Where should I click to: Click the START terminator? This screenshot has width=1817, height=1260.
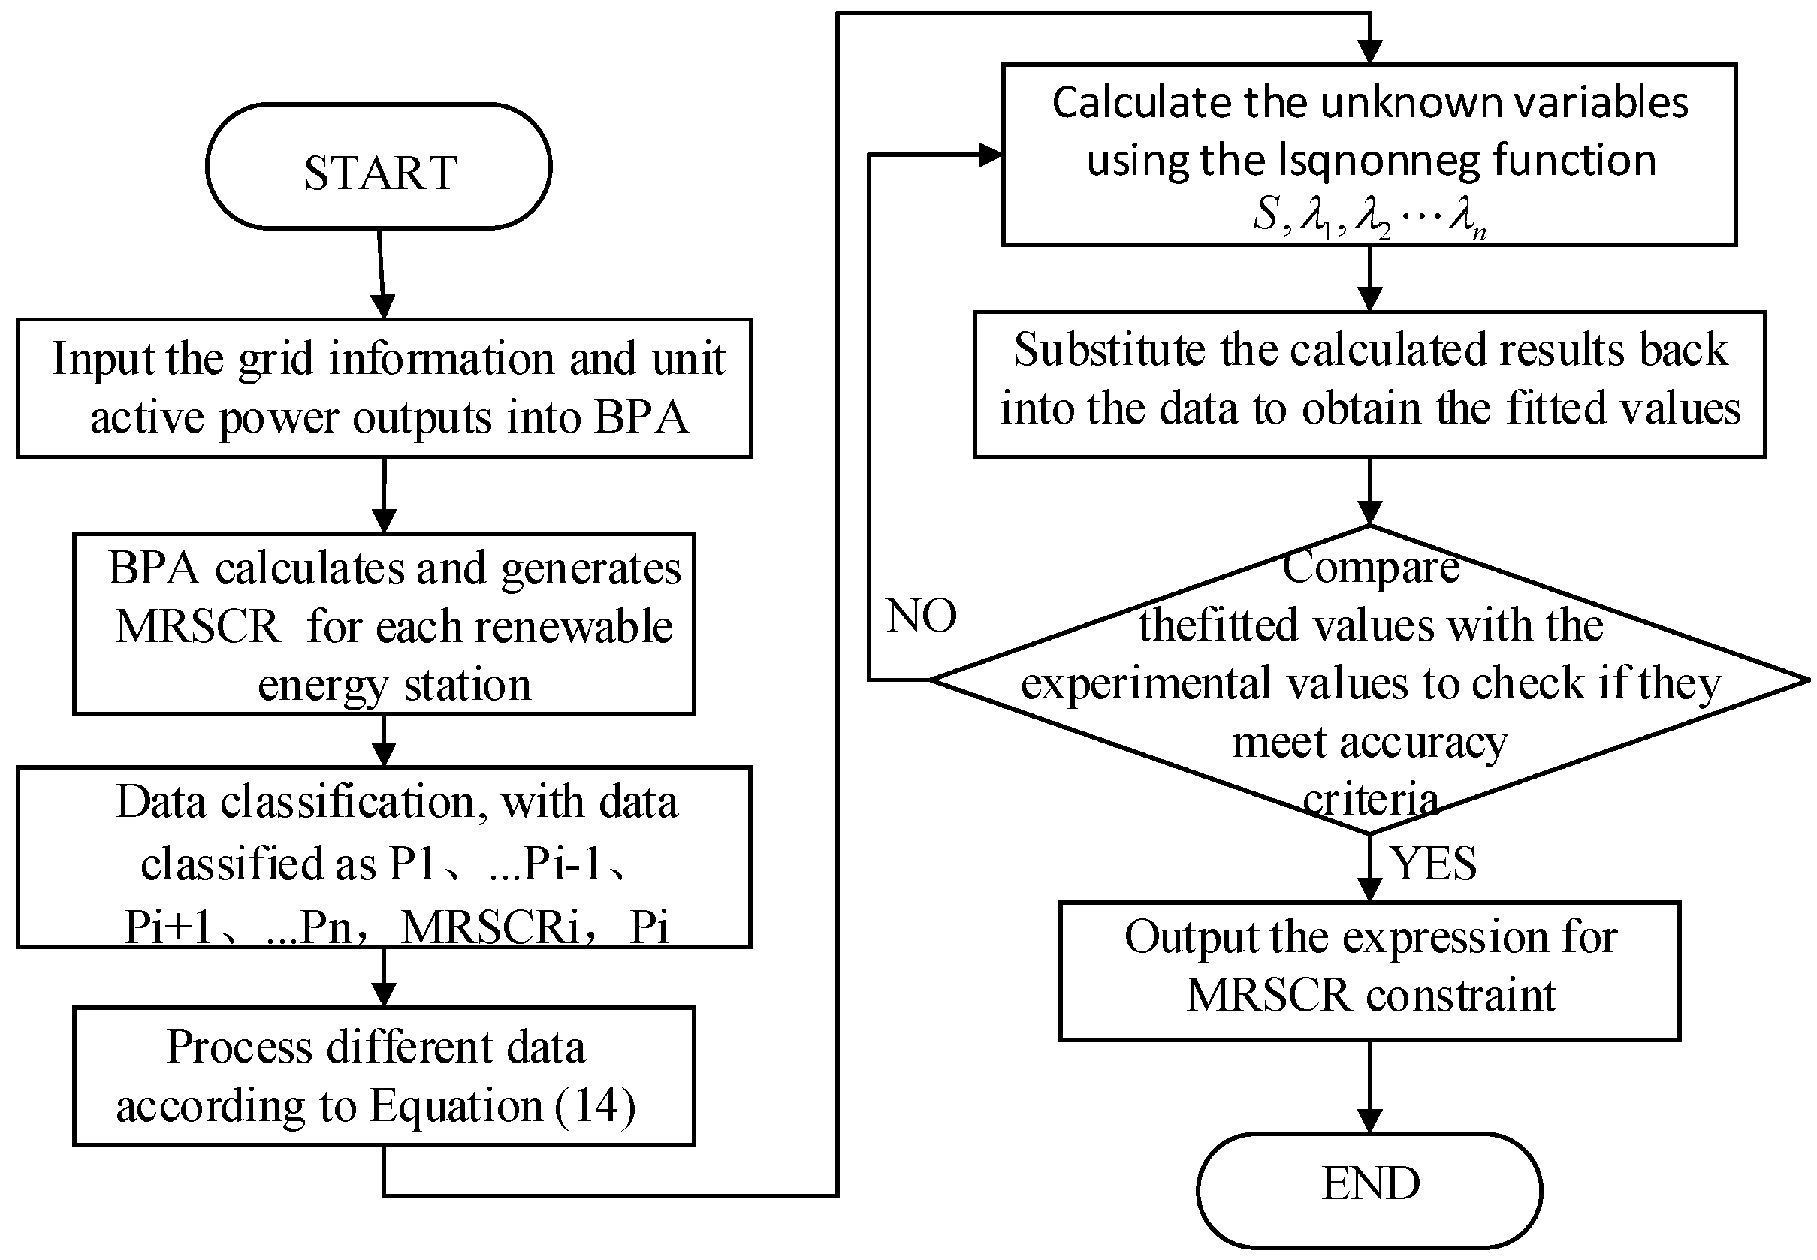(379, 167)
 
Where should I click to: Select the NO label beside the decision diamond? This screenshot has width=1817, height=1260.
(921, 616)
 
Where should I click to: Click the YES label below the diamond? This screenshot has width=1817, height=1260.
(1433, 863)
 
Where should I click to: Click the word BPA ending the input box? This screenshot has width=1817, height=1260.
(641, 417)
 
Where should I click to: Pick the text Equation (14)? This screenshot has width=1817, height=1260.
(503, 1105)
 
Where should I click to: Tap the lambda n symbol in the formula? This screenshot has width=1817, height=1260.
(1467, 216)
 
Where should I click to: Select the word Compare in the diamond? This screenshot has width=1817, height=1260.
(1370, 567)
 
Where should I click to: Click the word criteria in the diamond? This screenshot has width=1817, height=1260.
(1370, 800)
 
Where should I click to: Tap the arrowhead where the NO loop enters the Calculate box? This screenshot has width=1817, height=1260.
(990, 155)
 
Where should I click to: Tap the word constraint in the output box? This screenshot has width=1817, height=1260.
(1461, 995)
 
